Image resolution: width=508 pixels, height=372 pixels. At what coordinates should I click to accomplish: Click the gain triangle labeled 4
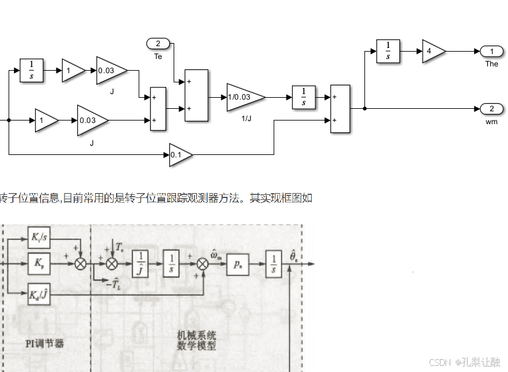coord(433,52)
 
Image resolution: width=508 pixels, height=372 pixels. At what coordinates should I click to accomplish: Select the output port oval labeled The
coord(491,51)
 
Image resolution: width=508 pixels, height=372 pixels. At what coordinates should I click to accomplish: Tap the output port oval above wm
coord(491,109)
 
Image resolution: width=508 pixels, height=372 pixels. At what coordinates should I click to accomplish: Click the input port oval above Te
coord(158,43)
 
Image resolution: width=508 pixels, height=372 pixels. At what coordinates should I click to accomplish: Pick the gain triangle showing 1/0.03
coord(244,97)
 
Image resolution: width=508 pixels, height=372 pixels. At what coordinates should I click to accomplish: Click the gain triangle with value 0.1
coord(180,155)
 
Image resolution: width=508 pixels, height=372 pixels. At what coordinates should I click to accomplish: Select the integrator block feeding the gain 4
coord(388,52)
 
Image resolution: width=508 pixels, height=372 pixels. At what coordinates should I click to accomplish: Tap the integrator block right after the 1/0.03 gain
coord(304,97)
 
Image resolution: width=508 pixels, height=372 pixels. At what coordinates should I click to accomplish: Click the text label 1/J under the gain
coord(247,118)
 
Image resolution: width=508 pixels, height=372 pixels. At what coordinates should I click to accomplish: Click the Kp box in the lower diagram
coord(39,263)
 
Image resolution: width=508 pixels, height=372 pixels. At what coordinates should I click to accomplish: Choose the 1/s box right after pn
coord(274,264)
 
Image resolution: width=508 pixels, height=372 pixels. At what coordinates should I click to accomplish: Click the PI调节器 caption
coord(45,344)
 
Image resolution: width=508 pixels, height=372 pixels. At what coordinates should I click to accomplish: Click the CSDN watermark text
coord(464,362)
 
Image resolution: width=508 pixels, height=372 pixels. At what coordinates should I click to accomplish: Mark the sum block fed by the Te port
coord(196,95)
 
